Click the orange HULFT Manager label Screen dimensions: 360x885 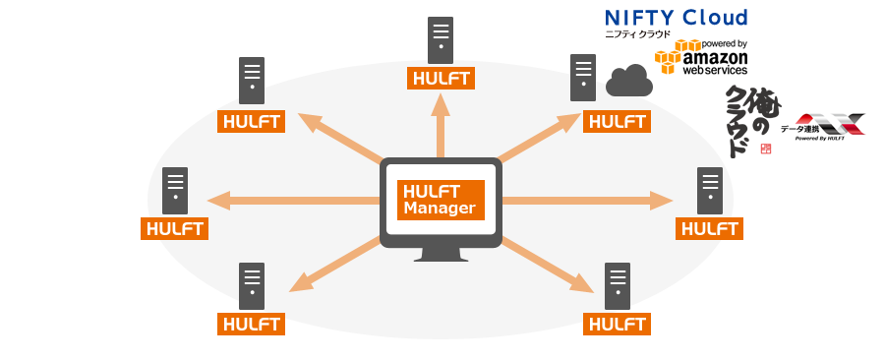[441, 200]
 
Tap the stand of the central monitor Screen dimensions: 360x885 [441, 254]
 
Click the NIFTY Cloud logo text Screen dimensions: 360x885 [677, 17]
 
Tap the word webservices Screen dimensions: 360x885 [715, 71]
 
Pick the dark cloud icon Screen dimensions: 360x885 [629, 81]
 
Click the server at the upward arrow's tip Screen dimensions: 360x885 [441, 41]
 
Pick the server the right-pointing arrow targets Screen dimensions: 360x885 [710, 191]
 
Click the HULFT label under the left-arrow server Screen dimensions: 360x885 [175, 228]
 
